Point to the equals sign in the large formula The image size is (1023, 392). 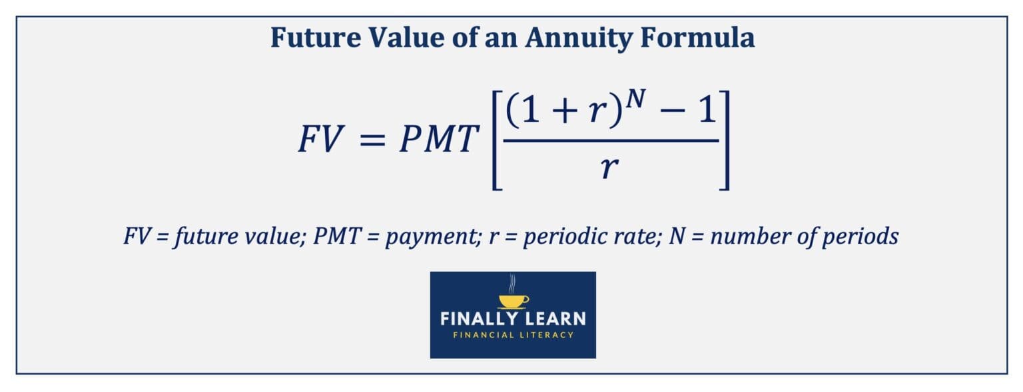click(374, 140)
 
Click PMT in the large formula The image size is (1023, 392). click(439, 139)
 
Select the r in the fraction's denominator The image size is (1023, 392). click(608, 169)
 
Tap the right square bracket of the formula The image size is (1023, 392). click(724, 141)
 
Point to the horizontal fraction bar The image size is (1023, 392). click(609, 141)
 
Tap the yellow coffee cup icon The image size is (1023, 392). click(513, 300)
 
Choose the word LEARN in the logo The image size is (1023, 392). click(549, 319)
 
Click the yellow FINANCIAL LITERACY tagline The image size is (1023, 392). click(513, 335)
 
